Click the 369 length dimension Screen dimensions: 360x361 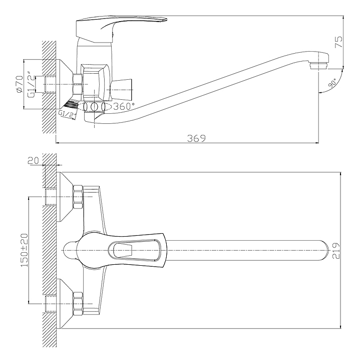tap(196, 138)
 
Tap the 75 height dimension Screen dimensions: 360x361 tap(338, 42)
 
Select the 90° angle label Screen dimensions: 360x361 tap(332, 83)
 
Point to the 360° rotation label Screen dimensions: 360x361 tap(124, 106)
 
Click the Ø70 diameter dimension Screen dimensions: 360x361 tap(20, 84)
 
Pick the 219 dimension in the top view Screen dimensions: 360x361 tap(337, 251)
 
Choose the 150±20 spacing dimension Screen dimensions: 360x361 tap(25, 250)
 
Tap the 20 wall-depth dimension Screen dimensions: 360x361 tap(34, 160)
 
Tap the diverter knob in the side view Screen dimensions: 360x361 tap(121, 88)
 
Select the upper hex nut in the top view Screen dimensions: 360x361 tap(78, 197)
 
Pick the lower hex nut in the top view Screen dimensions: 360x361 tap(78, 304)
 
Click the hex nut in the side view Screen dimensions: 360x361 tap(78, 84)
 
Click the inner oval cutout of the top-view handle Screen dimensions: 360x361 tap(134, 250)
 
